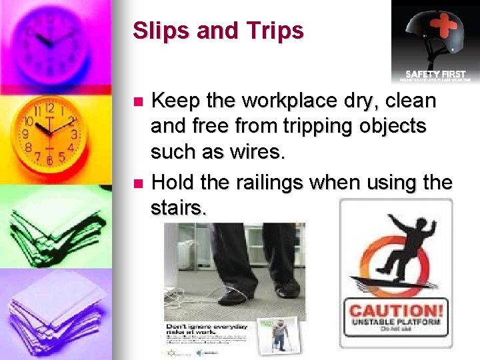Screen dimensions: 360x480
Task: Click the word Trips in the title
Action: pyautogui.click(x=273, y=31)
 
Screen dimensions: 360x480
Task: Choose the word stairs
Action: pyautogui.click(x=177, y=207)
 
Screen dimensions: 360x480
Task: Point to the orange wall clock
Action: pyautogui.click(x=49, y=134)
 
